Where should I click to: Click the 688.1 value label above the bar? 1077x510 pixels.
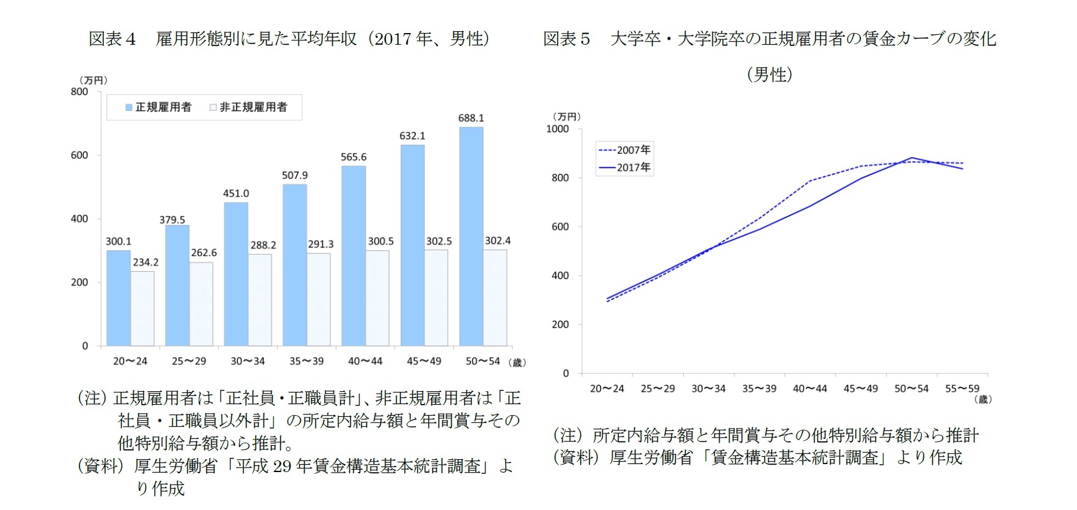point(471,118)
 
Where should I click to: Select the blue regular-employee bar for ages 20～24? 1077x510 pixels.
point(118,298)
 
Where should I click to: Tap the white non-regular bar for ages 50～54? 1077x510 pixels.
point(495,298)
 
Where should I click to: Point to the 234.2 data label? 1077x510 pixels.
point(146,263)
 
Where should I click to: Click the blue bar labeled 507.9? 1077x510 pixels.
point(294,265)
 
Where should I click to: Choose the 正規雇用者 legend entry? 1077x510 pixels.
point(158,108)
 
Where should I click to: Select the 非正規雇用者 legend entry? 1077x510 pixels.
point(248,108)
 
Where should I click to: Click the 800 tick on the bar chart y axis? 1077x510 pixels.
point(80,92)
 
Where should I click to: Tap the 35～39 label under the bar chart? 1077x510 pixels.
point(306,361)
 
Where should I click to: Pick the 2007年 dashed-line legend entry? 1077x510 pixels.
point(625,150)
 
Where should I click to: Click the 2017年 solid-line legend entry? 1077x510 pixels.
point(625,167)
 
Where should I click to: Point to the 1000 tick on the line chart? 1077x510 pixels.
point(557,129)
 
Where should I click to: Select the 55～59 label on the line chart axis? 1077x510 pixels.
point(962,389)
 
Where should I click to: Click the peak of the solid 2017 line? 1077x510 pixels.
point(912,158)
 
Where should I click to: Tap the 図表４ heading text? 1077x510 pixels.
point(112,39)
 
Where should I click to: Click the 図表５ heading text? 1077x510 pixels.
point(566,39)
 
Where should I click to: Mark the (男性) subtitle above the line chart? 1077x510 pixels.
point(769,75)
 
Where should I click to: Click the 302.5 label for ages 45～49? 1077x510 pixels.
point(439,241)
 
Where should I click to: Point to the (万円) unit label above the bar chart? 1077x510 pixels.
point(93,80)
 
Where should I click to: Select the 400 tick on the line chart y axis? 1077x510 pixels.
point(560,276)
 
